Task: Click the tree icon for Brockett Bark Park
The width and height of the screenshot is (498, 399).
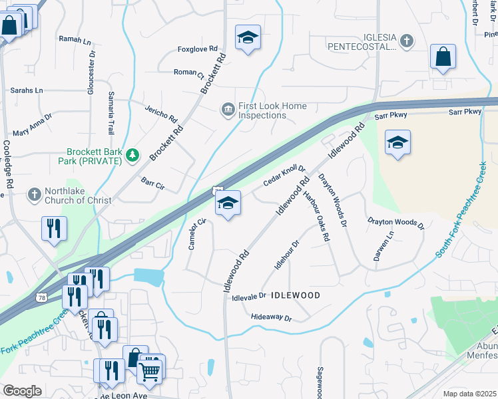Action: [x=133, y=155]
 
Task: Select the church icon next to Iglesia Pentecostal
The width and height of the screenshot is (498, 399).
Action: [x=406, y=42]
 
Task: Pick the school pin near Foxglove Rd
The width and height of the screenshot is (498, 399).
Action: [x=248, y=38]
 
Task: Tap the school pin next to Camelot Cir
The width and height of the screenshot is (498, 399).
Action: [x=228, y=205]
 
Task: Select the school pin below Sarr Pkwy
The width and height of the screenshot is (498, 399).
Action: [x=397, y=143]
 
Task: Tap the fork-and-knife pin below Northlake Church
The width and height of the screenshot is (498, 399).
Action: [x=53, y=228]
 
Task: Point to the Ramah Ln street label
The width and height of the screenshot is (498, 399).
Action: [x=75, y=41]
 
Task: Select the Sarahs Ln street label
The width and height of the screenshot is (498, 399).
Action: [x=26, y=90]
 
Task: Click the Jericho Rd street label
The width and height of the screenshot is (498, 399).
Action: [x=162, y=112]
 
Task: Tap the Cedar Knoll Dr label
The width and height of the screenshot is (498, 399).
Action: [x=284, y=175]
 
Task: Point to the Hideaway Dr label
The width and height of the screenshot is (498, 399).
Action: [x=272, y=318]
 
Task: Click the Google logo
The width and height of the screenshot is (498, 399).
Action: [x=21, y=390]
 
